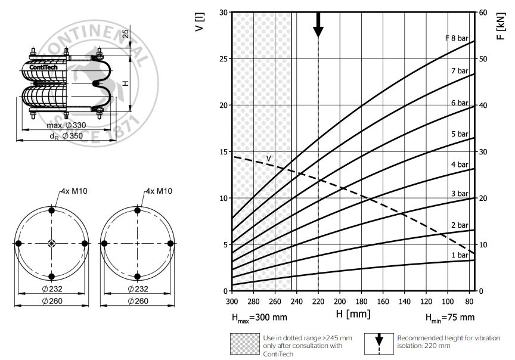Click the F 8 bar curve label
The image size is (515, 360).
click(457, 38)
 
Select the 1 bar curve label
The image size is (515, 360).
click(460, 255)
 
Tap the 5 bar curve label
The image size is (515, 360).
click(460, 134)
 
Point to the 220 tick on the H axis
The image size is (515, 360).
click(318, 302)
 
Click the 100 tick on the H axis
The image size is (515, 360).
click(448, 302)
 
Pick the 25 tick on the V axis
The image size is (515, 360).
click(224, 59)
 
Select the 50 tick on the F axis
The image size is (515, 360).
click(483, 59)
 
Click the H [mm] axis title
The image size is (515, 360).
click(353, 314)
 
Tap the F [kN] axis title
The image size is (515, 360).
click(501, 26)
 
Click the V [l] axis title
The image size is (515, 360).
click(199, 22)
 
